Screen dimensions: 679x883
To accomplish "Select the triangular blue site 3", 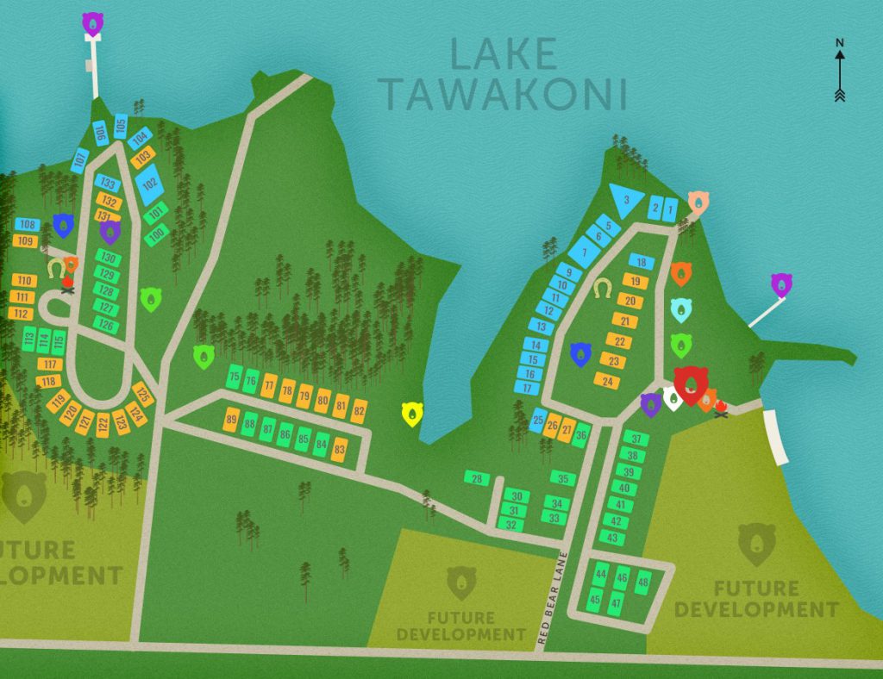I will (x=626, y=200).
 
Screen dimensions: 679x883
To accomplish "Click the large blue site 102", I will (x=149, y=184).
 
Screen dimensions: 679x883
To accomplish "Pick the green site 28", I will (x=476, y=478).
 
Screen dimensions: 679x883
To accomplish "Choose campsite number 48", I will (x=642, y=583).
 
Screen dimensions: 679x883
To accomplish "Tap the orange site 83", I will (x=340, y=449).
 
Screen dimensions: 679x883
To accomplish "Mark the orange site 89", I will (x=231, y=420).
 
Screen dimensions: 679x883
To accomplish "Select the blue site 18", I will (x=639, y=262).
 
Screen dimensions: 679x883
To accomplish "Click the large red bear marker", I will (x=691, y=384).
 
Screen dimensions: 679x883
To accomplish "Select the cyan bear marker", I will (x=681, y=309).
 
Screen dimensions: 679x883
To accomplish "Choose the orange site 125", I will (x=143, y=396).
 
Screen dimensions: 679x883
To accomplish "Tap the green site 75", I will (x=234, y=377).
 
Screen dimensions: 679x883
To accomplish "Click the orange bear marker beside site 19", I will (x=681, y=274).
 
